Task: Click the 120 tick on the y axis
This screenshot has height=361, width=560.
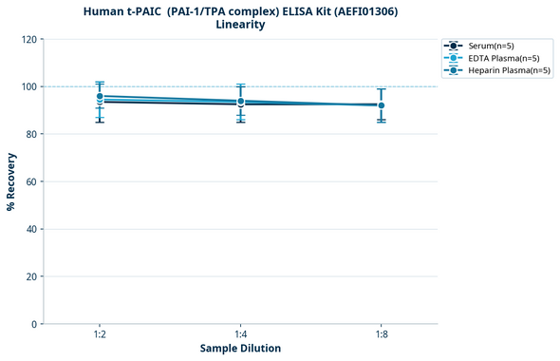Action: (x=29, y=39)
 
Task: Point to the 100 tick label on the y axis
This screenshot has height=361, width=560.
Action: (x=29, y=86)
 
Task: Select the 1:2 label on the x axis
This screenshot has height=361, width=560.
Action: (x=100, y=335)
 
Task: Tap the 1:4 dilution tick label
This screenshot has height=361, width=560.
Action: (x=240, y=335)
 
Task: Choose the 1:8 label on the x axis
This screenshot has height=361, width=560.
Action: (x=381, y=335)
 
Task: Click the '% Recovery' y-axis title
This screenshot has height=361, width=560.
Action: (x=11, y=181)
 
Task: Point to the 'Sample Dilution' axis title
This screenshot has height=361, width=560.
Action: (x=240, y=349)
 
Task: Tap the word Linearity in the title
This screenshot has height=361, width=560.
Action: (x=240, y=25)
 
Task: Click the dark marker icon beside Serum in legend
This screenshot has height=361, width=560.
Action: (x=454, y=46)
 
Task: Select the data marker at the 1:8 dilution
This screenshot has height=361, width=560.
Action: (x=381, y=105)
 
